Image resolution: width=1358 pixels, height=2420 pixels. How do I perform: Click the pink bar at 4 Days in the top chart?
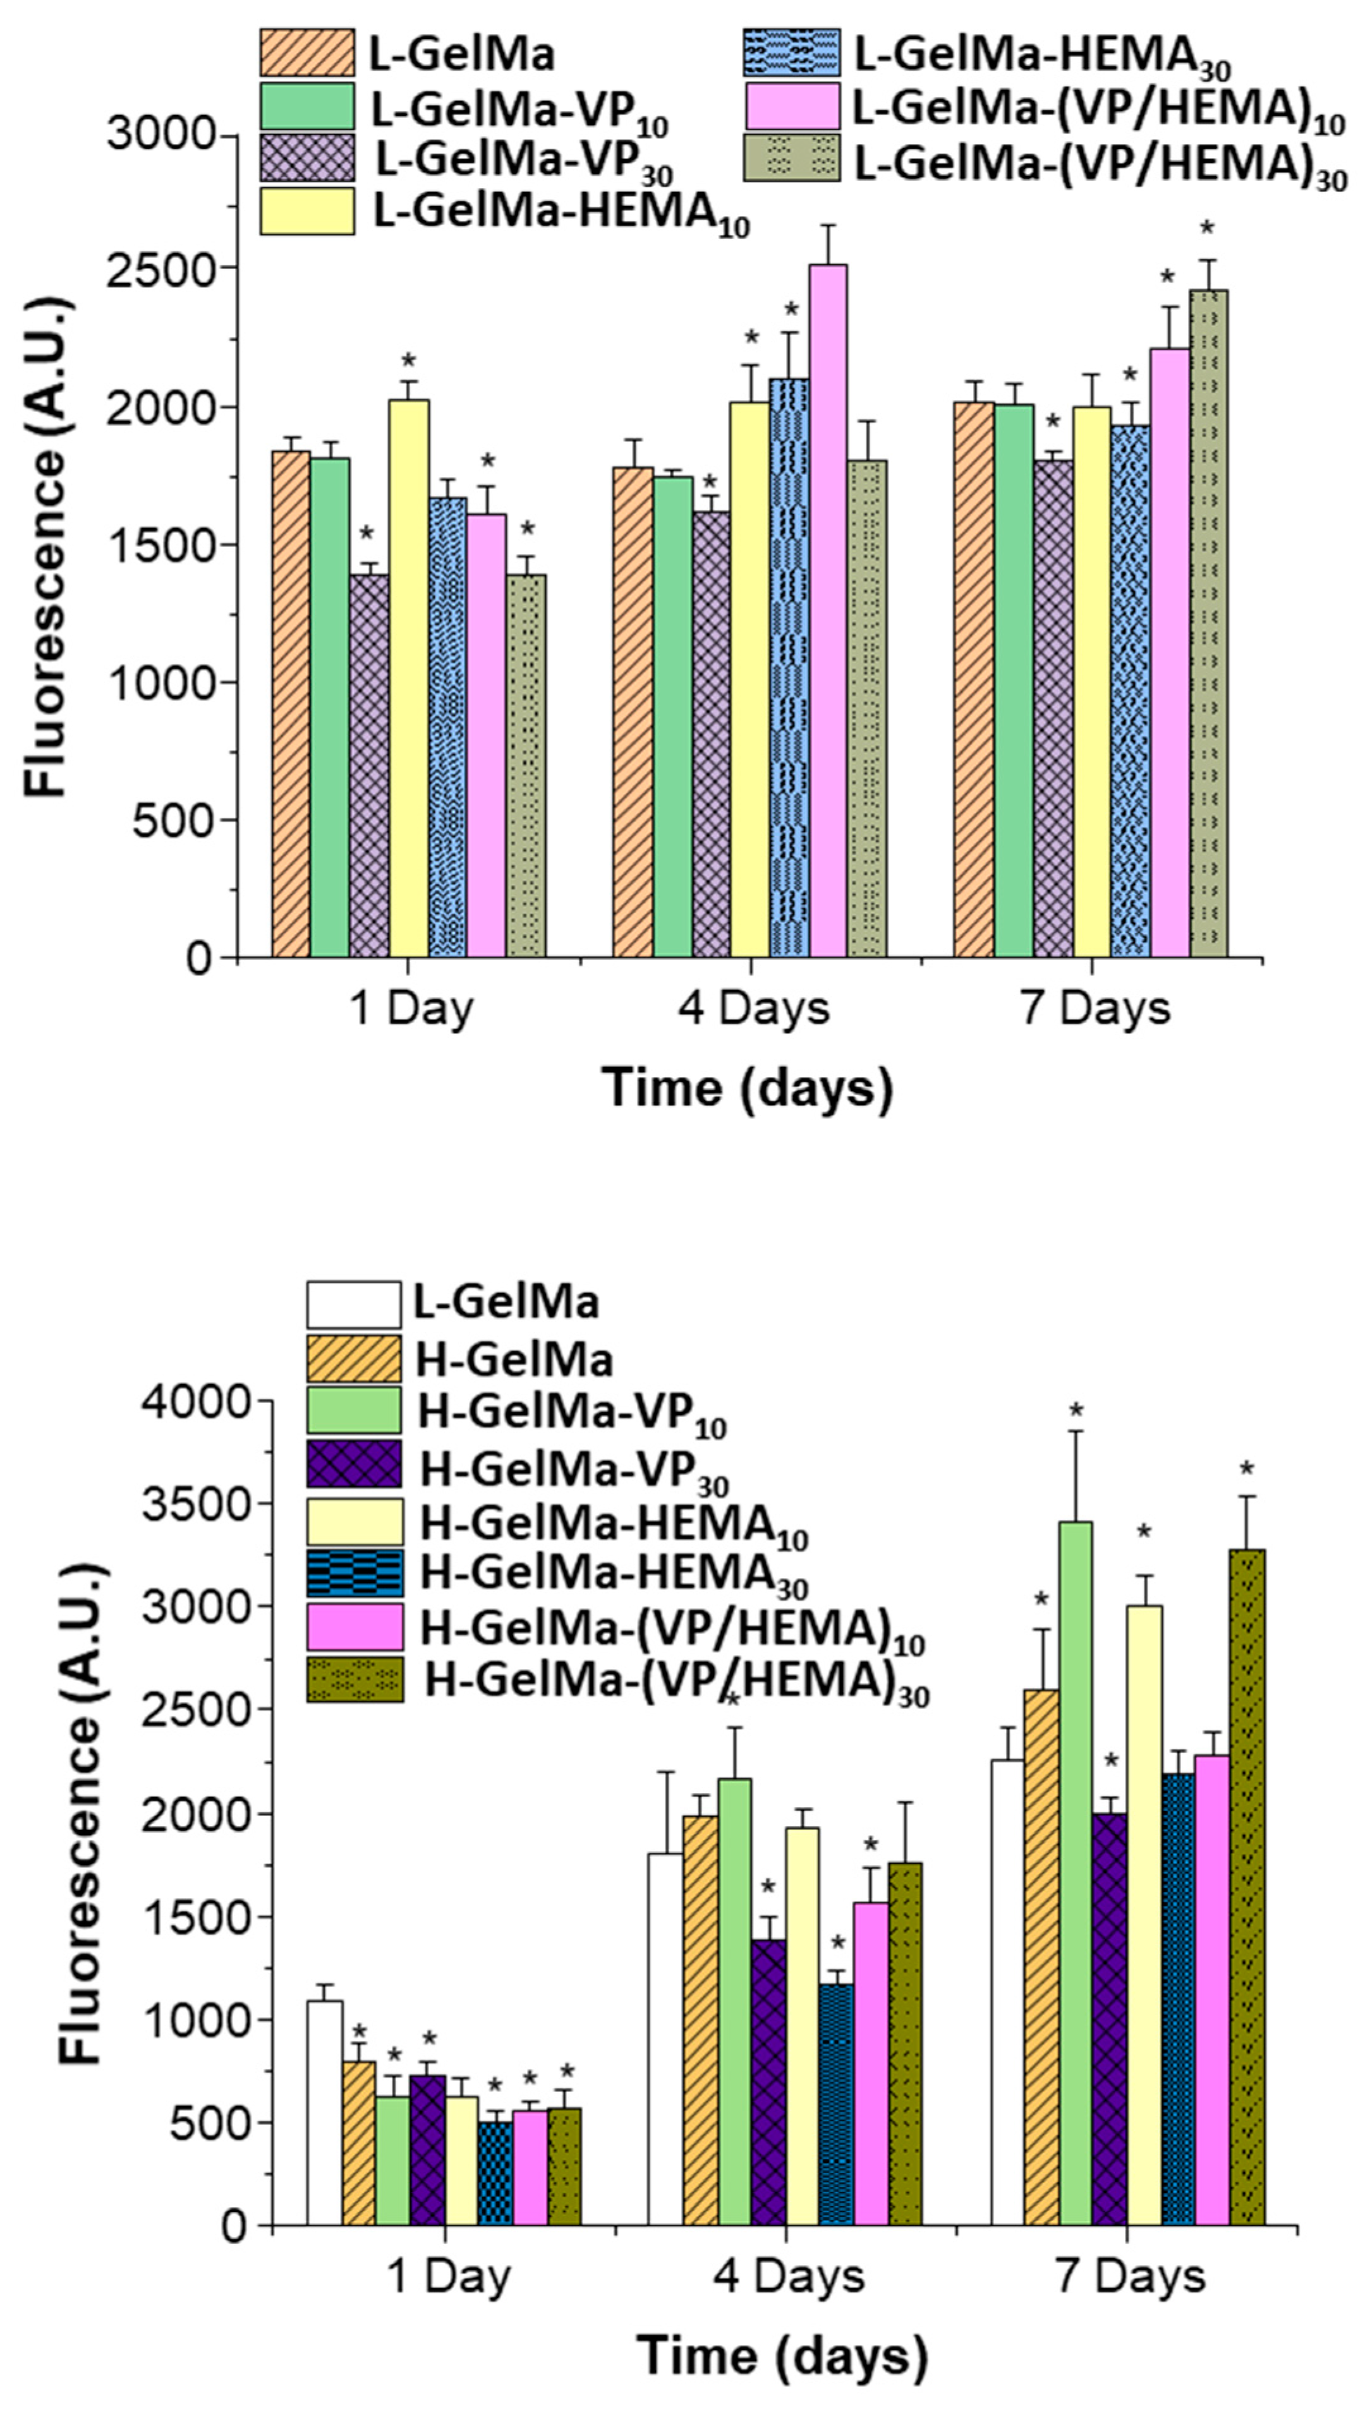tap(827, 611)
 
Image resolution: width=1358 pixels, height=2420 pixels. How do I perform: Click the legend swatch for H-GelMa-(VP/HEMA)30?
tap(355, 1680)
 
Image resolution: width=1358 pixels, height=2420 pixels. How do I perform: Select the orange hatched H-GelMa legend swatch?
tap(355, 1359)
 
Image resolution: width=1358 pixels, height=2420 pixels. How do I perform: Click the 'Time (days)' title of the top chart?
tap(748, 1088)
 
